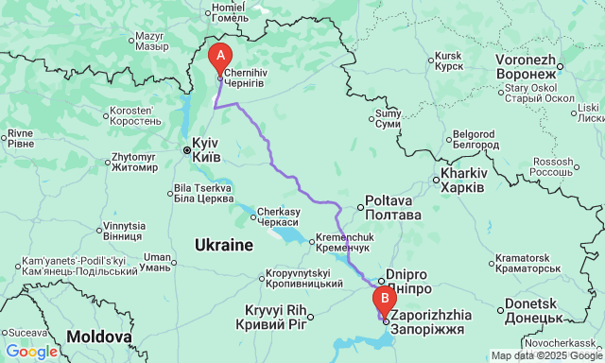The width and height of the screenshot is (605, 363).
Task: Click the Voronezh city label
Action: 525,66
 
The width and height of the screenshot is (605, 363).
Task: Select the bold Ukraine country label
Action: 223,245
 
